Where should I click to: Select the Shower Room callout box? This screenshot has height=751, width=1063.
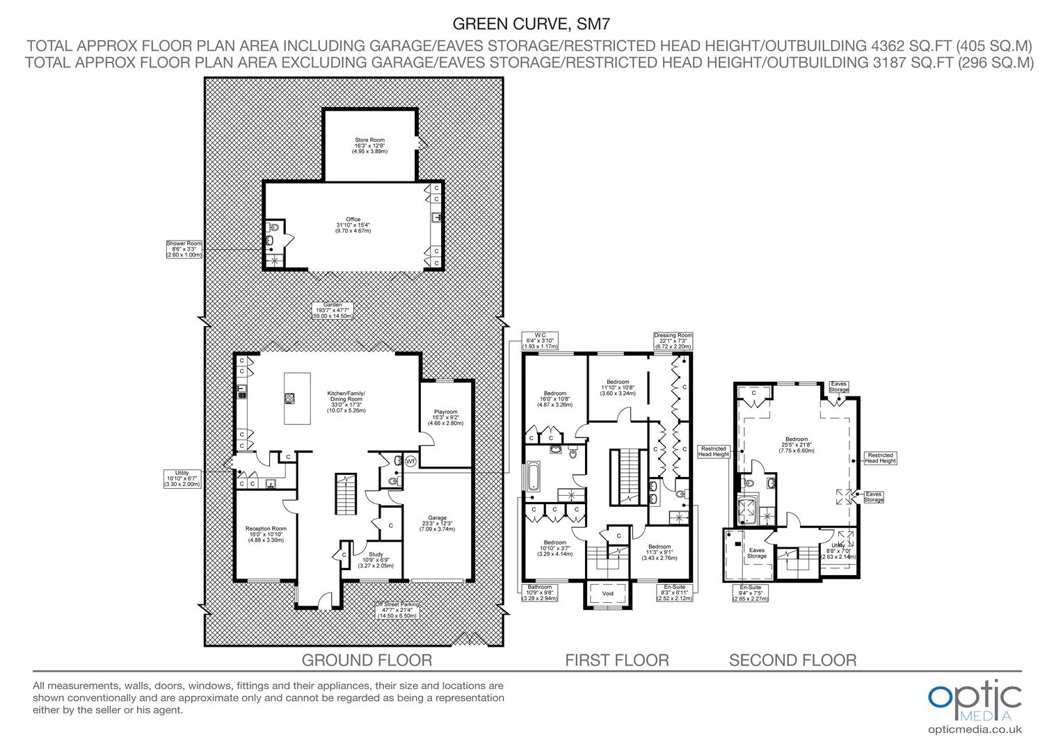(x=184, y=250)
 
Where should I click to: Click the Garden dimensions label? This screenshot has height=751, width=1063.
(x=333, y=310)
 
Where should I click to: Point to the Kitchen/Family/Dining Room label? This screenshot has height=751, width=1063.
(x=346, y=402)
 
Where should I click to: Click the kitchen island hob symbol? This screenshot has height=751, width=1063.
(x=289, y=398)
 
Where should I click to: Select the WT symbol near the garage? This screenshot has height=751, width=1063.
(x=410, y=461)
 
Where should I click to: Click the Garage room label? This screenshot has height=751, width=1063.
(x=437, y=523)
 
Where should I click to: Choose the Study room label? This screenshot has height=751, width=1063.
(x=376, y=560)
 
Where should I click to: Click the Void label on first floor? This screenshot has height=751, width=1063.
(x=607, y=594)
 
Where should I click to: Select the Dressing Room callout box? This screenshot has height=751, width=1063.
(x=673, y=341)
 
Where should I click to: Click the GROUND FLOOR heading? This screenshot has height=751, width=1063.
(x=367, y=660)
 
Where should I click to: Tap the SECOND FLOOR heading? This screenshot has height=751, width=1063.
(x=792, y=660)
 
